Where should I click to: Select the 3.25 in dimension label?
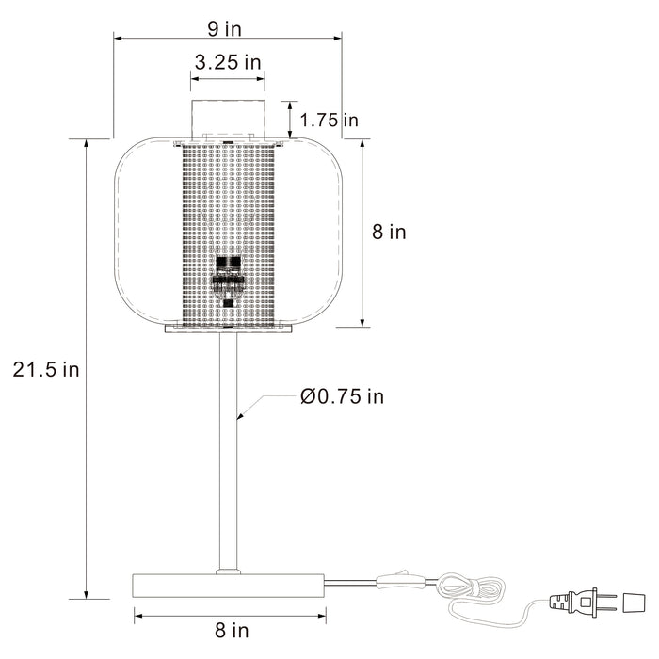point(228,63)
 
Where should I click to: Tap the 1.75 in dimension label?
point(330,120)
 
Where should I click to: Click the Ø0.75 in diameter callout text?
point(342,396)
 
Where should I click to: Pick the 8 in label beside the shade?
point(389,232)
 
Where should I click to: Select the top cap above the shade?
point(229,118)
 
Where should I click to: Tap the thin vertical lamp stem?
point(229,452)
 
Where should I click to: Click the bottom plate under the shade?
point(229,329)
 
